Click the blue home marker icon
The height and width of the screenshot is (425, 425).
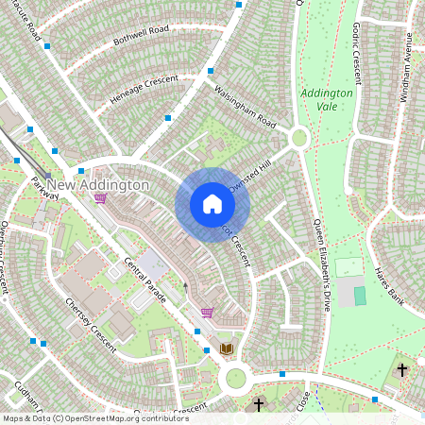[x=212, y=204]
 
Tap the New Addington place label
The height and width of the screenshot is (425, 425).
[x=98, y=184]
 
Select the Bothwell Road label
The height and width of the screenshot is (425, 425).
[x=140, y=37]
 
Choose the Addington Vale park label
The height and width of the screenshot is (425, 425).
[x=327, y=100]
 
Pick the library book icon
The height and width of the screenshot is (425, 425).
[x=226, y=348]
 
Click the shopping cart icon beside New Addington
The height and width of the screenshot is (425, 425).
[x=100, y=199]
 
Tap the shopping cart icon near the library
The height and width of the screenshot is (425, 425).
[x=207, y=313]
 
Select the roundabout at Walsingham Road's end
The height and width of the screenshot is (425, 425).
[x=299, y=139]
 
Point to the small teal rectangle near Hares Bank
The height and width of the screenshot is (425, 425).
[x=360, y=296]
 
